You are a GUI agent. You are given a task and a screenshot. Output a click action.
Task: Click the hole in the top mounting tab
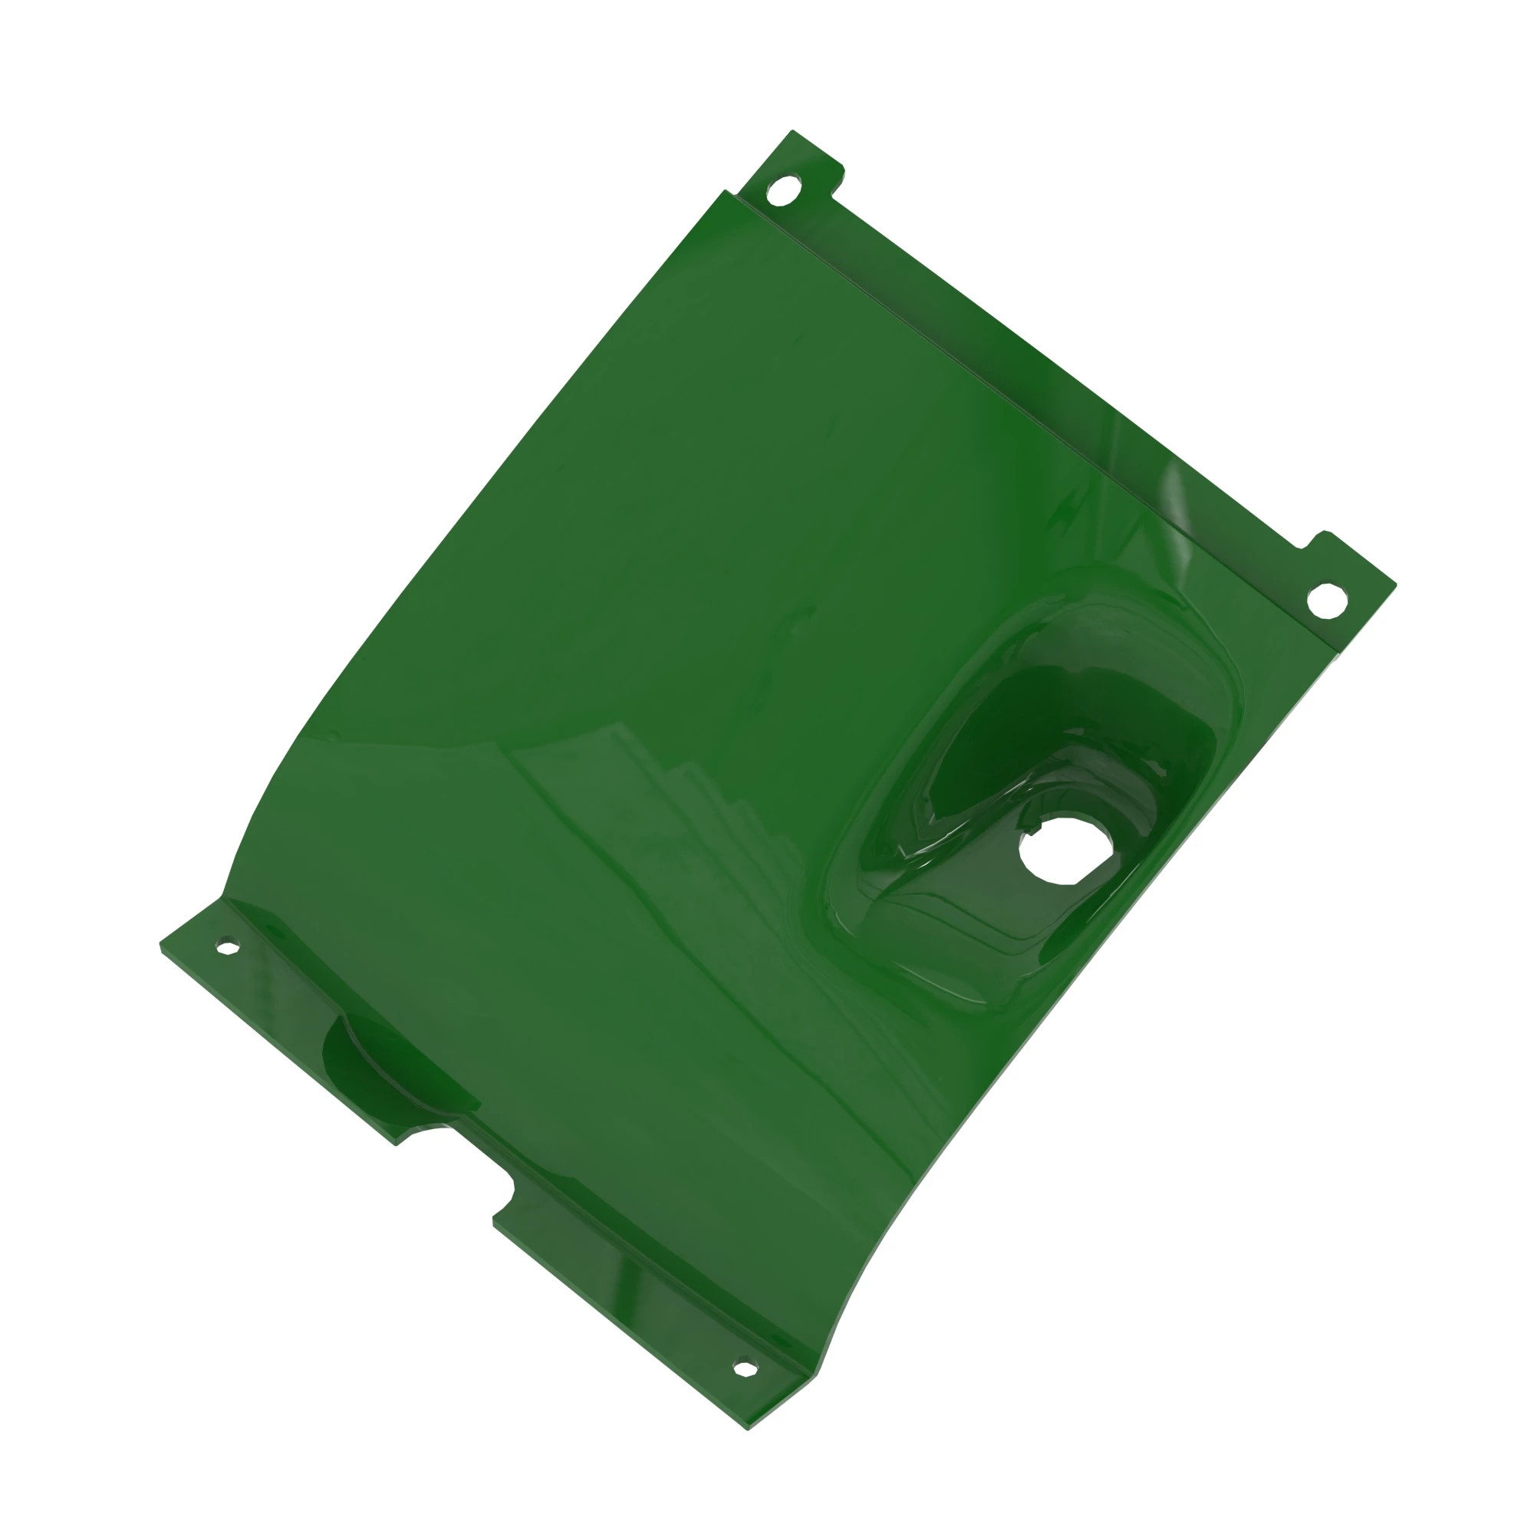pyautogui.click(x=783, y=190)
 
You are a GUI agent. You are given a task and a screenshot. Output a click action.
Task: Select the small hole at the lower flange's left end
pyautogui.click(x=228, y=946)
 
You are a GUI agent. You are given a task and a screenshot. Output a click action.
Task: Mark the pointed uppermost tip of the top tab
pyautogui.click(x=792, y=130)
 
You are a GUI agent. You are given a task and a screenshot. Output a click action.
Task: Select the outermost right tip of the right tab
pyautogui.click(x=1395, y=586)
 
